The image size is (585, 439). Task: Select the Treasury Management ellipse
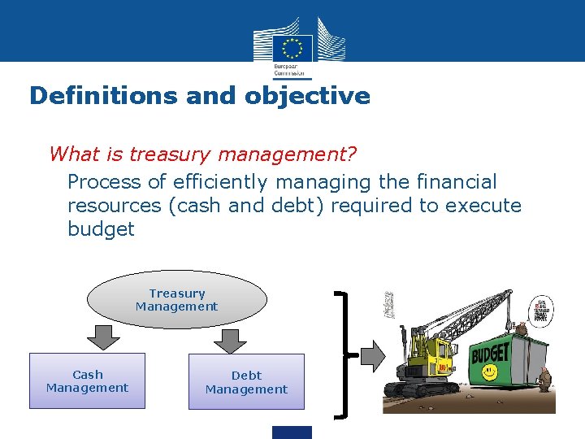click(177, 300)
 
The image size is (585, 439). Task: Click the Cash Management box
click(88, 381)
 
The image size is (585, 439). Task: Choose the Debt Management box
click(246, 382)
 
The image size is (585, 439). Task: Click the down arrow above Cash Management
click(101, 336)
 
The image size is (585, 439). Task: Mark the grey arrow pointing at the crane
click(372, 354)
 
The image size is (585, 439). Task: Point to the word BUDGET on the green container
click(490, 353)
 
